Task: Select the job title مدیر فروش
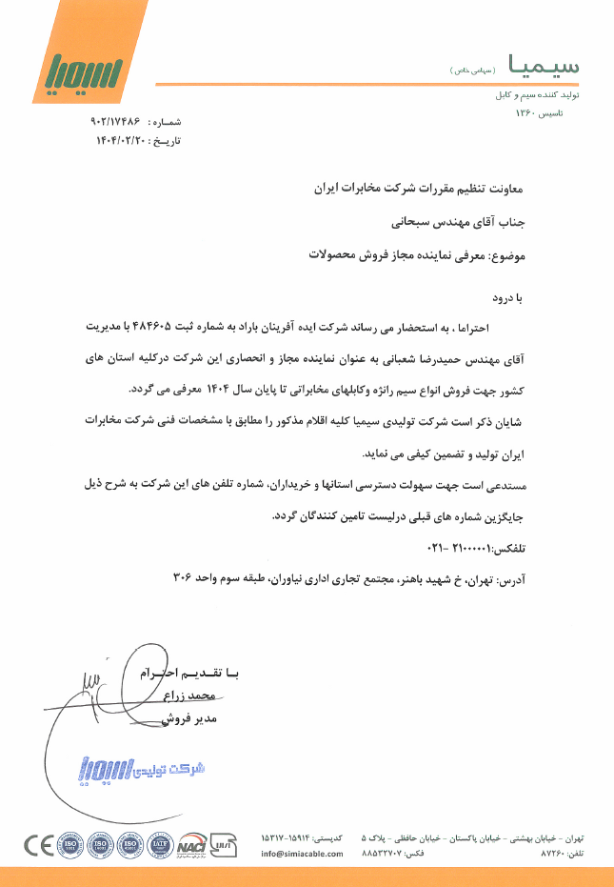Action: tap(194, 719)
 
